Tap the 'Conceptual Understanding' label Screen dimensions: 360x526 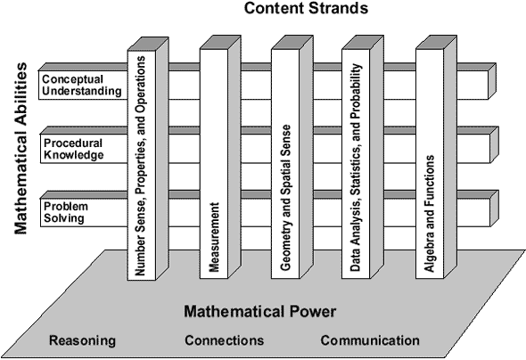[x=79, y=86]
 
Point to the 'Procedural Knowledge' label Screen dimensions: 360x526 [x=73, y=148]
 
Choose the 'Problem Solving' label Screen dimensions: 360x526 [x=67, y=211]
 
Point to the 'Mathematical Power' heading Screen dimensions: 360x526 [x=259, y=312]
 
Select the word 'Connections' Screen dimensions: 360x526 [x=224, y=340]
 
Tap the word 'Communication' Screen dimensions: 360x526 [x=369, y=340]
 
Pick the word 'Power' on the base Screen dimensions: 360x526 [x=314, y=312]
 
